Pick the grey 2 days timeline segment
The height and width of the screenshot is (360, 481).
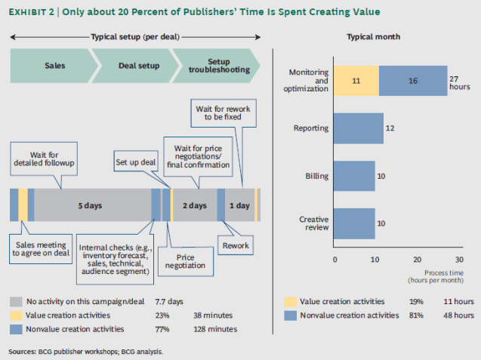pyautogui.click(x=196, y=205)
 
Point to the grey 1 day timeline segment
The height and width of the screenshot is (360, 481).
pyautogui.click(x=239, y=205)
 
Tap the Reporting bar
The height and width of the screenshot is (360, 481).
pyautogui.click(x=358, y=128)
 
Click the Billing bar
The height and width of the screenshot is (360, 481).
pyautogui.click(x=353, y=176)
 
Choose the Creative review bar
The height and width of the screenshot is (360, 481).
pyautogui.click(x=353, y=224)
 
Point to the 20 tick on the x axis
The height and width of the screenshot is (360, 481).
pyautogui.click(x=417, y=258)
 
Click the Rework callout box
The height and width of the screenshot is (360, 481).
pyautogui.click(x=236, y=245)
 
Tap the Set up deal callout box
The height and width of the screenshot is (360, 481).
pyautogui.click(x=136, y=162)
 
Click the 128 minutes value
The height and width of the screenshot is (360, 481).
pyautogui.click(x=214, y=328)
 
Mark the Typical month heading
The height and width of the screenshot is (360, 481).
pyautogui.click(x=374, y=37)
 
